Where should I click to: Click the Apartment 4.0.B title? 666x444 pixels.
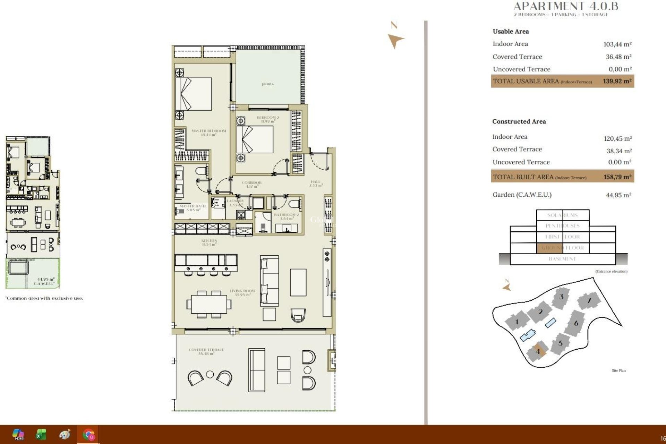click(x=565, y=6)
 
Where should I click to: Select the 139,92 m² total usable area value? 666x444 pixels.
click(x=617, y=81)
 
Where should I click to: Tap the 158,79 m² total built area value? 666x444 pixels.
click(x=617, y=177)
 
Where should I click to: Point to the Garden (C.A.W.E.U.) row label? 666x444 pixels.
click(x=522, y=195)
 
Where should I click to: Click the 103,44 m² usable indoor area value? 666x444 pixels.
click(x=617, y=44)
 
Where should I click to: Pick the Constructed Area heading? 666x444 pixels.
click(x=519, y=121)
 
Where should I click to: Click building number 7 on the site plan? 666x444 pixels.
click(x=589, y=300)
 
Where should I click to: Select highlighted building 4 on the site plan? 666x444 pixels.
click(x=538, y=351)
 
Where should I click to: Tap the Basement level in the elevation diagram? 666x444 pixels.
click(x=562, y=259)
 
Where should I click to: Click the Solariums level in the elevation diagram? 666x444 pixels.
click(x=562, y=215)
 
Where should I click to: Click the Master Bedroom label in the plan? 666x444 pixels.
click(x=208, y=133)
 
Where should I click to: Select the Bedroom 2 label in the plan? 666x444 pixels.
click(x=268, y=119)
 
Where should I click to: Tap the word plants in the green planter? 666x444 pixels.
click(x=267, y=84)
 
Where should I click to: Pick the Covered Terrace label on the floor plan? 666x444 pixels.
click(x=206, y=351)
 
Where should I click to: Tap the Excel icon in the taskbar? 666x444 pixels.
click(x=41, y=434)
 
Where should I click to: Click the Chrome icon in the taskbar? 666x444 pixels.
click(x=89, y=434)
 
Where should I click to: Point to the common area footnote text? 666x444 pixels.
click(x=44, y=298)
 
